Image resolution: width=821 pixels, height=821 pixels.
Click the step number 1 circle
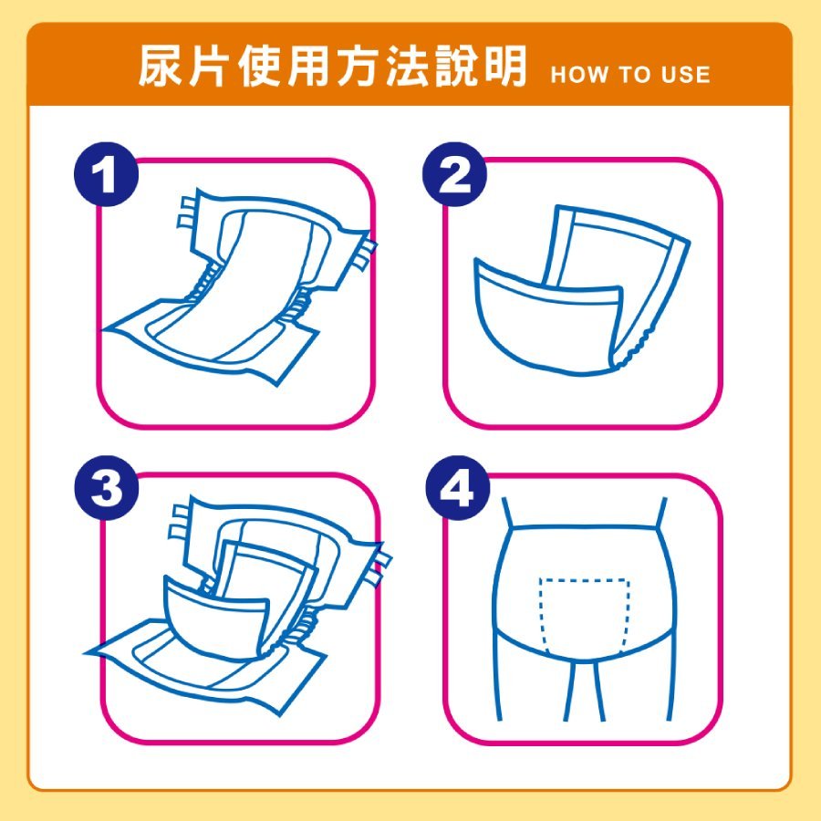pyautogui.click(x=107, y=174)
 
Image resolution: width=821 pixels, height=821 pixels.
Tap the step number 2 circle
pyautogui.click(x=454, y=174)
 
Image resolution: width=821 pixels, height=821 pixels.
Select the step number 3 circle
pyautogui.click(x=107, y=489)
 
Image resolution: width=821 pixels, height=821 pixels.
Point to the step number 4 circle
pyautogui.click(x=457, y=489)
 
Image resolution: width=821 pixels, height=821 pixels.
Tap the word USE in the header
pyautogui.click(x=685, y=75)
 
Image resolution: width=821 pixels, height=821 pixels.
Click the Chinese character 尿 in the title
pyautogui.click(x=161, y=66)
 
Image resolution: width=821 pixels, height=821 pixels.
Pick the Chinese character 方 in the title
pyautogui.click(x=357, y=66)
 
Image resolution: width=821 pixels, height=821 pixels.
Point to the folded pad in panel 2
pyautogui.click(x=582, y=290)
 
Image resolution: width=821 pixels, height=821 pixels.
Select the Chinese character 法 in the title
pyautogui.click(x=406, y=66)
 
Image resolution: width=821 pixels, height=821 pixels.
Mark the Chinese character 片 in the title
pyautogui.click(x=210, y=66)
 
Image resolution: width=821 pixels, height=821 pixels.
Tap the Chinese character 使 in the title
pyautogui.click(x=259, y=66)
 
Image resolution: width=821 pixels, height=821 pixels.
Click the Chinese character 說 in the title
pyautogui.click(x=455, y=66)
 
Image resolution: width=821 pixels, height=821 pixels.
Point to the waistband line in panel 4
pyautogui.click(x=584, y=527)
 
